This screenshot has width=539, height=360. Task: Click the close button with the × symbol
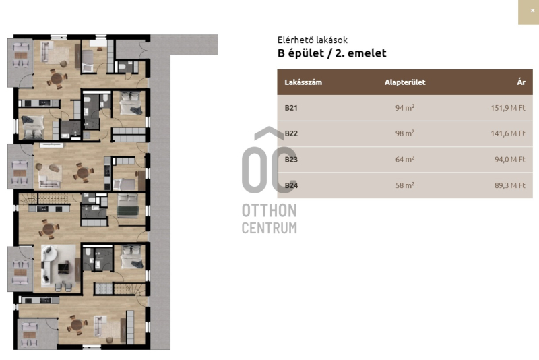529,12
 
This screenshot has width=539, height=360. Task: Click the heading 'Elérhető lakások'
313,40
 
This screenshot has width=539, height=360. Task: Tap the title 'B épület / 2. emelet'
331,53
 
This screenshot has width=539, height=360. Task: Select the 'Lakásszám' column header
303,82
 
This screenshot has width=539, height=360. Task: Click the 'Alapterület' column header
405,82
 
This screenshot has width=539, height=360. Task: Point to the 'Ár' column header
521,82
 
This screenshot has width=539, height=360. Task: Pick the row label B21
291,108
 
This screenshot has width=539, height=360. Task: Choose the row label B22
291,133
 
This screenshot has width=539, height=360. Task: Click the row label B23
291,160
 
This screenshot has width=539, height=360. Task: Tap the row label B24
291,185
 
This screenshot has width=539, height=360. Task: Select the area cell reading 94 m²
405,108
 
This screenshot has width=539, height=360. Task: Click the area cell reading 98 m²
405,133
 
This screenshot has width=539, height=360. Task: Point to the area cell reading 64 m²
405,159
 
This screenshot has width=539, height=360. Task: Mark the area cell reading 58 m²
405,185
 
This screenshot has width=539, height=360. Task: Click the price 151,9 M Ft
508,108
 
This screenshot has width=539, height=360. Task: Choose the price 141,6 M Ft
508,133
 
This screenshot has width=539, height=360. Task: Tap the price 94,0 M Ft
510,160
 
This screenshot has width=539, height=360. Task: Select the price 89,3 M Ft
510,185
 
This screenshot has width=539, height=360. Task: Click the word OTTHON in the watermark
269,210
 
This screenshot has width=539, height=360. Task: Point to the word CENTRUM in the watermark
269,228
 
